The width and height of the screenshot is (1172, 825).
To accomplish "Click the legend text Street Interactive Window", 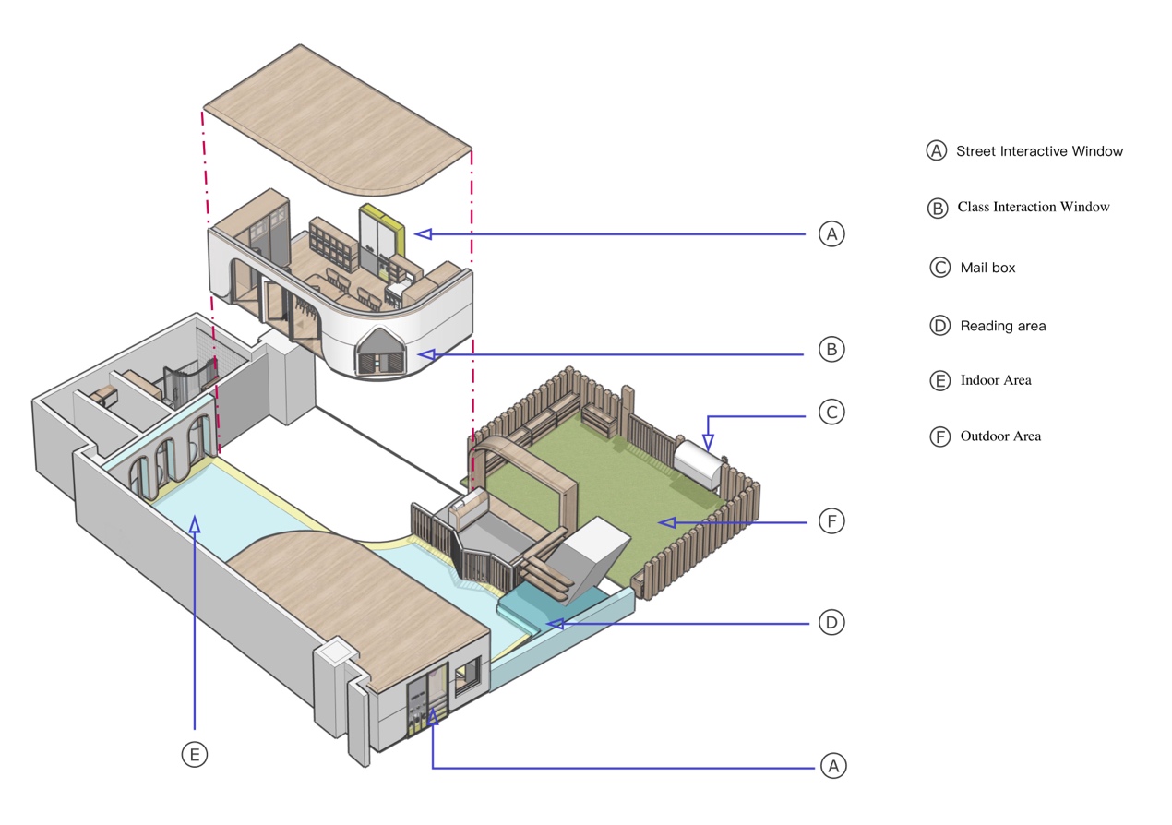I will coord(1039,151).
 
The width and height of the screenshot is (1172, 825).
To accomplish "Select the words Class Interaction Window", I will coord(1034,207).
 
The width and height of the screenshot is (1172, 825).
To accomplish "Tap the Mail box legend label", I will coord(987,268).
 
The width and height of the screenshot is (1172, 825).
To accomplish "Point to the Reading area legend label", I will coord(1003,326).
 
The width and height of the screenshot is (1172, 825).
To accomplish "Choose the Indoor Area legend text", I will coord(996,380).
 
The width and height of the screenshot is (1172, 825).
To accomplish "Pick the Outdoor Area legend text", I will coord(1000,436).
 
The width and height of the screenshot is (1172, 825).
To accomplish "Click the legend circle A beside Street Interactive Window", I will coord(937,151).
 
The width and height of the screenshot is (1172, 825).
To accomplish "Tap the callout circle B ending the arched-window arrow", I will coord(831,350).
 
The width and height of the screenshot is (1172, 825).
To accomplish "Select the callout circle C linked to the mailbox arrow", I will coord(831,412).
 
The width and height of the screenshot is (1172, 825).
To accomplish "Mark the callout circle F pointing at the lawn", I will coord(831,521).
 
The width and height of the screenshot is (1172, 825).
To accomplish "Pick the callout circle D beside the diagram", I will coord(831,623).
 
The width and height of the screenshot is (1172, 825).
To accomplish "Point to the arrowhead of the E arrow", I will coord(195,524).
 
